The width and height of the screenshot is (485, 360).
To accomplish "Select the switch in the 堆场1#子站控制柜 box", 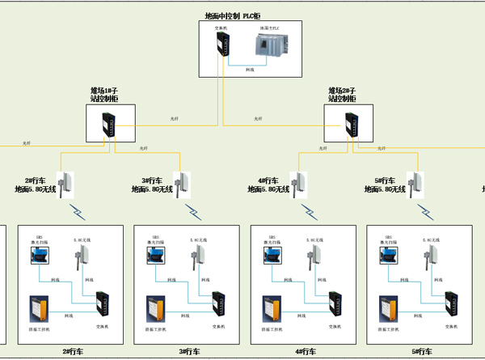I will tap(107, 126).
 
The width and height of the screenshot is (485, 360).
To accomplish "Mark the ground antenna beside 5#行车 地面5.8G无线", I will tap(416, 184).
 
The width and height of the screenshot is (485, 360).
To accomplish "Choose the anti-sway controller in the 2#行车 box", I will tap(39, 310).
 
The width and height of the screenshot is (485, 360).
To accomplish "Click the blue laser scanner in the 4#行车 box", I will tap(271, 254).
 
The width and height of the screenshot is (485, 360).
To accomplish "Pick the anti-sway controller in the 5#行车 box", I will tap(388, 310).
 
